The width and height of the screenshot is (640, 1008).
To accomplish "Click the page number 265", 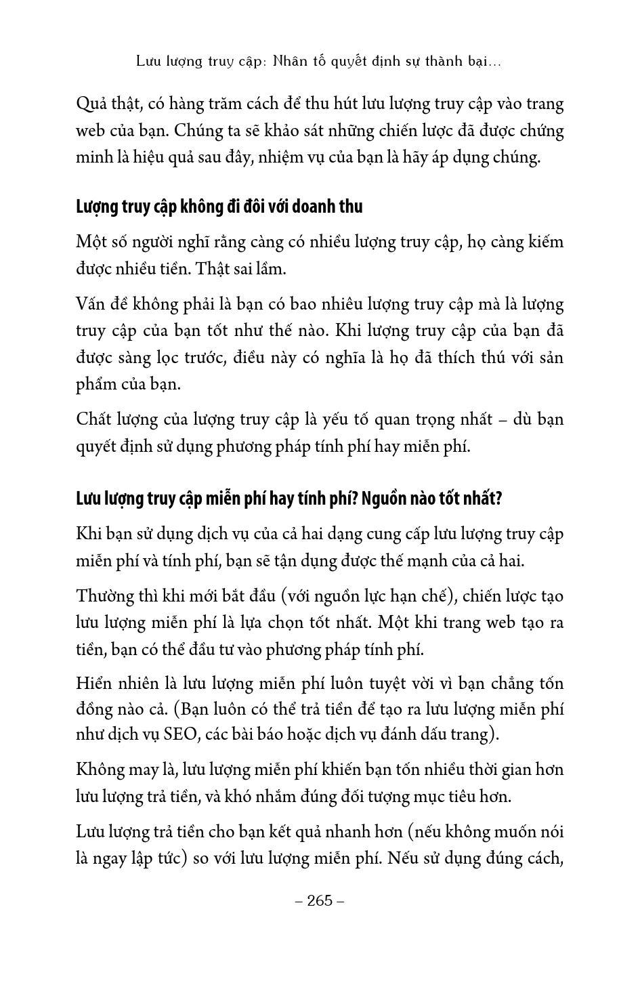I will (320, 900).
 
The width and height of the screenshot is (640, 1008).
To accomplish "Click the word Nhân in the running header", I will (290, 61).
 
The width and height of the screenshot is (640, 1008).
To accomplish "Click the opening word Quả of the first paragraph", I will (91, 104).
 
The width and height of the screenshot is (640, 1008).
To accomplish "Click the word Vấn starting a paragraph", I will (91, 304).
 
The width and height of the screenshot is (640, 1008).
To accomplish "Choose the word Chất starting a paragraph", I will (93, 419).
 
